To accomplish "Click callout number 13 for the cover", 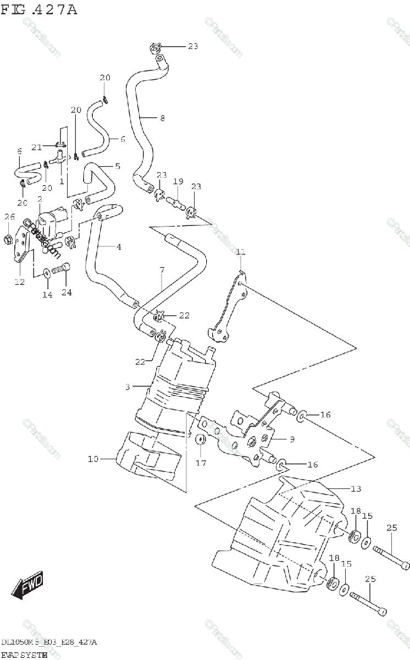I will [x=356, y=488].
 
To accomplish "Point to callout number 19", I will [x=178, y=182].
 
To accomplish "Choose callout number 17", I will [x=201, y=463].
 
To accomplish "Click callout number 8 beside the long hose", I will [x=162, y=118].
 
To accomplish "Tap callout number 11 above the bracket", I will [x=240, y=252].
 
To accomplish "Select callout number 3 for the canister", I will [x=127, y=387].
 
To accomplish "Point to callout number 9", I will [x=292, y=438].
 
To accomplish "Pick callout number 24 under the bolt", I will [x=67, y=293].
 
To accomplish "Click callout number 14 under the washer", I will [x=47, y=295].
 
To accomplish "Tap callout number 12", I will [x=19, y=282].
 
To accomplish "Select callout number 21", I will [x=37, y=147].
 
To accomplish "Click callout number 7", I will [x=162, y=270].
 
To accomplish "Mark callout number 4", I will [x=118, y=247].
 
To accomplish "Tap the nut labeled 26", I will [x=8, y=239].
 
